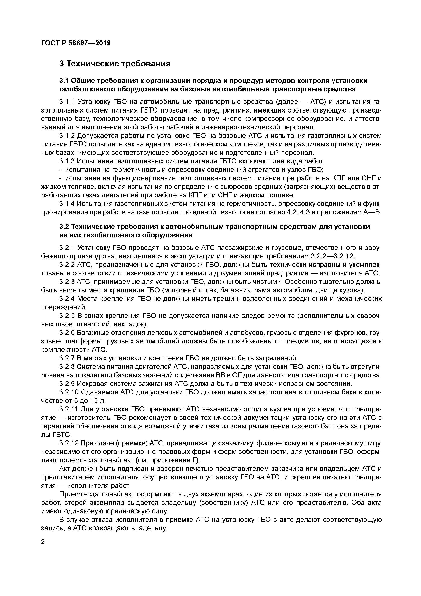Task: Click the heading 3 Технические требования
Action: click(115, 64)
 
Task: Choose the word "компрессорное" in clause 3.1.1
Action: click(269, 119)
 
